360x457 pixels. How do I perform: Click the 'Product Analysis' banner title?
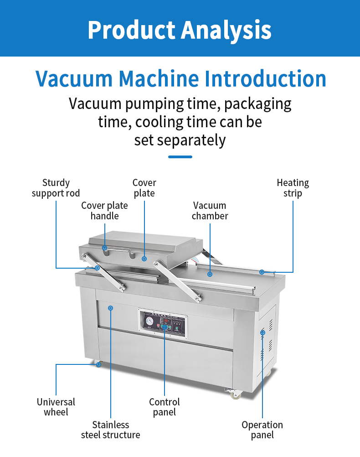click(x=180, y=29)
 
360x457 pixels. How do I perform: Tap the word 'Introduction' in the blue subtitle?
click(x=266, y=78)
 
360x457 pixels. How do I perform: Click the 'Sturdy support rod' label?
click(x=56, y=188)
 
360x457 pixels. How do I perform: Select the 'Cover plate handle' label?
click(x=104, y=211)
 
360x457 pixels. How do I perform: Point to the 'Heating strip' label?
click(x=293, y=188)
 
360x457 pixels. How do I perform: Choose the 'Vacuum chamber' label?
click(x=210, y=211)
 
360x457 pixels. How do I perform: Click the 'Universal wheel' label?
click(x=56, y=407)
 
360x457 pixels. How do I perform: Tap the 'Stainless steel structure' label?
click(x=110, y=430)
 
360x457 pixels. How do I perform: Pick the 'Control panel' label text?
click(x=165, y=407)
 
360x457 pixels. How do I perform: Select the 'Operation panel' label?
click(x=262, y=430)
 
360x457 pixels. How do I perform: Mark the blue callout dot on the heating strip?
click(x=262, y=272)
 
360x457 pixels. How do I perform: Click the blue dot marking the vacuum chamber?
click(x=210, y=274)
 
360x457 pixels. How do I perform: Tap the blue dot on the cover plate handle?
click(x=104, y=248)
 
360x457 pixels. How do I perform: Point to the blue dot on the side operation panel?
click(x=262, y=332)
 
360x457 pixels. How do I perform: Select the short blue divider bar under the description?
click(x=180, y=157)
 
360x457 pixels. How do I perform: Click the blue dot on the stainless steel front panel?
click(x=110, y=308)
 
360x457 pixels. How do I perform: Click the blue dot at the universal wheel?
click(x=98, y=364)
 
